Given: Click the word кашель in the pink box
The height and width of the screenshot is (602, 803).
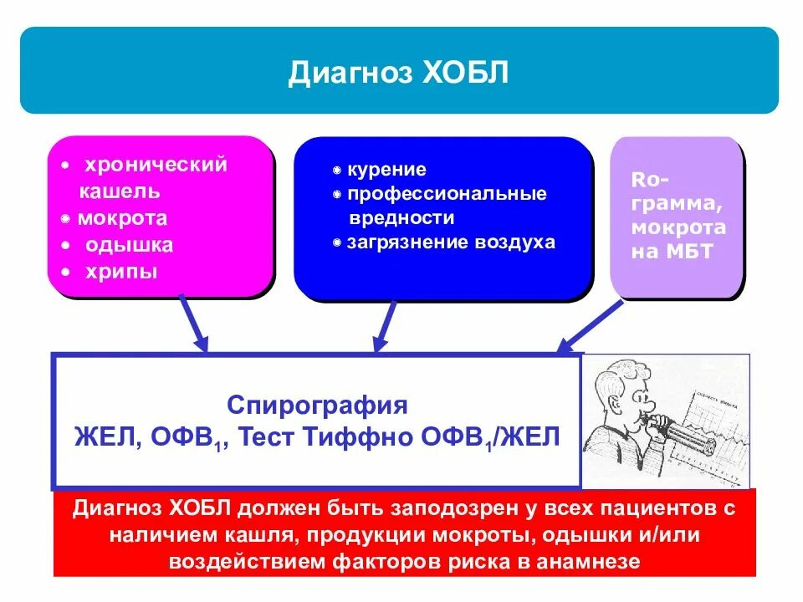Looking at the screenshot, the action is point(120,191).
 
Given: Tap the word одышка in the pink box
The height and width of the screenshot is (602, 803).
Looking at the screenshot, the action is point(129,245).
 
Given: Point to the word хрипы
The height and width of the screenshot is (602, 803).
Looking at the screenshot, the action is point(120,272).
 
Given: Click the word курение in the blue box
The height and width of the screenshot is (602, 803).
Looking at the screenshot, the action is point(387,170).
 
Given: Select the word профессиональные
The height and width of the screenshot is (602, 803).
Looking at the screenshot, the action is point(448,194).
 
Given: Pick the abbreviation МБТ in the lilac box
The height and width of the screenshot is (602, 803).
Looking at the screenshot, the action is point(688,251).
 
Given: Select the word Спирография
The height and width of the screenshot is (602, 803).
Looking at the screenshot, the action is point(317,406).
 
